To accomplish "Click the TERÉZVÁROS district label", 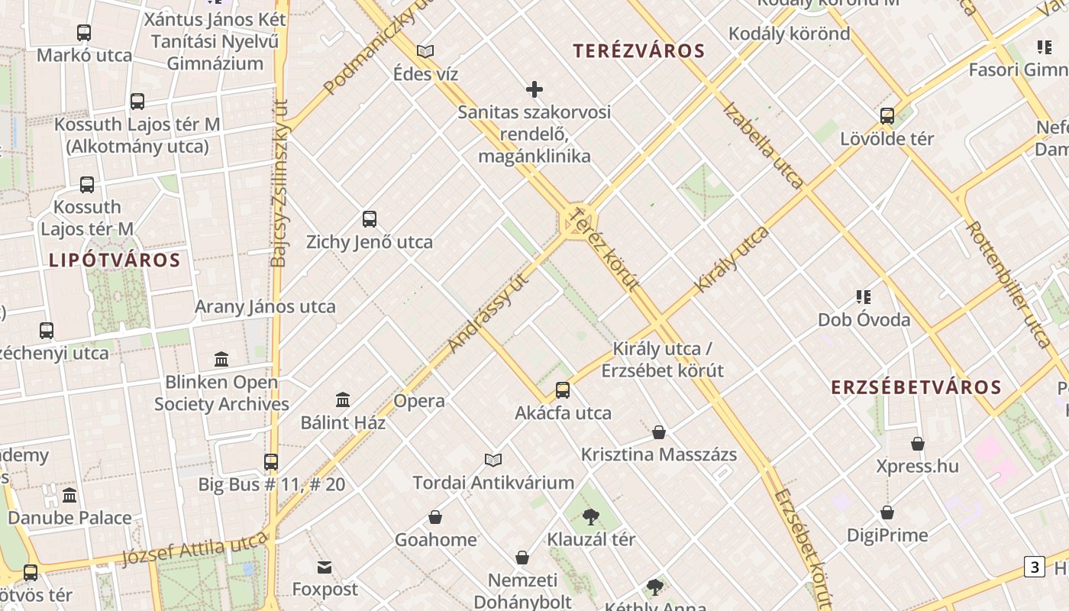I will (638, 51).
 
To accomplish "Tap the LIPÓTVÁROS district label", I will (115, 260).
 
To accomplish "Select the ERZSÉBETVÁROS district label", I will (916, 387).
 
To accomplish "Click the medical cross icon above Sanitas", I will (534, 89).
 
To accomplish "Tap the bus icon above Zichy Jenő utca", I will (370, 219).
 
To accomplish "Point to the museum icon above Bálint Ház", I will (343, 399).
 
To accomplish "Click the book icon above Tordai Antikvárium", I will (493, 460).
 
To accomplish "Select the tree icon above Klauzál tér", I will (590, 516).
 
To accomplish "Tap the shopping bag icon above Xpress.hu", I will (918, 444).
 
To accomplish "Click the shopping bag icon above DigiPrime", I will (887, 512).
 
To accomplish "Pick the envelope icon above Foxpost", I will (325, 567).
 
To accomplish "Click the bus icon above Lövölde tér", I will (887, 116).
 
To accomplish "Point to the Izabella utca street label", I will (762, 145).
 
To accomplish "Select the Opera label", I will (419, 401).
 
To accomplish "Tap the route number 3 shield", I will (1035, 567).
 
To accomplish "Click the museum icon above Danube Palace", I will (69, 495).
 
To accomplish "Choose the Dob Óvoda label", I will (864, 319).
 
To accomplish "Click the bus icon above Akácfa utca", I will (563, 390).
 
